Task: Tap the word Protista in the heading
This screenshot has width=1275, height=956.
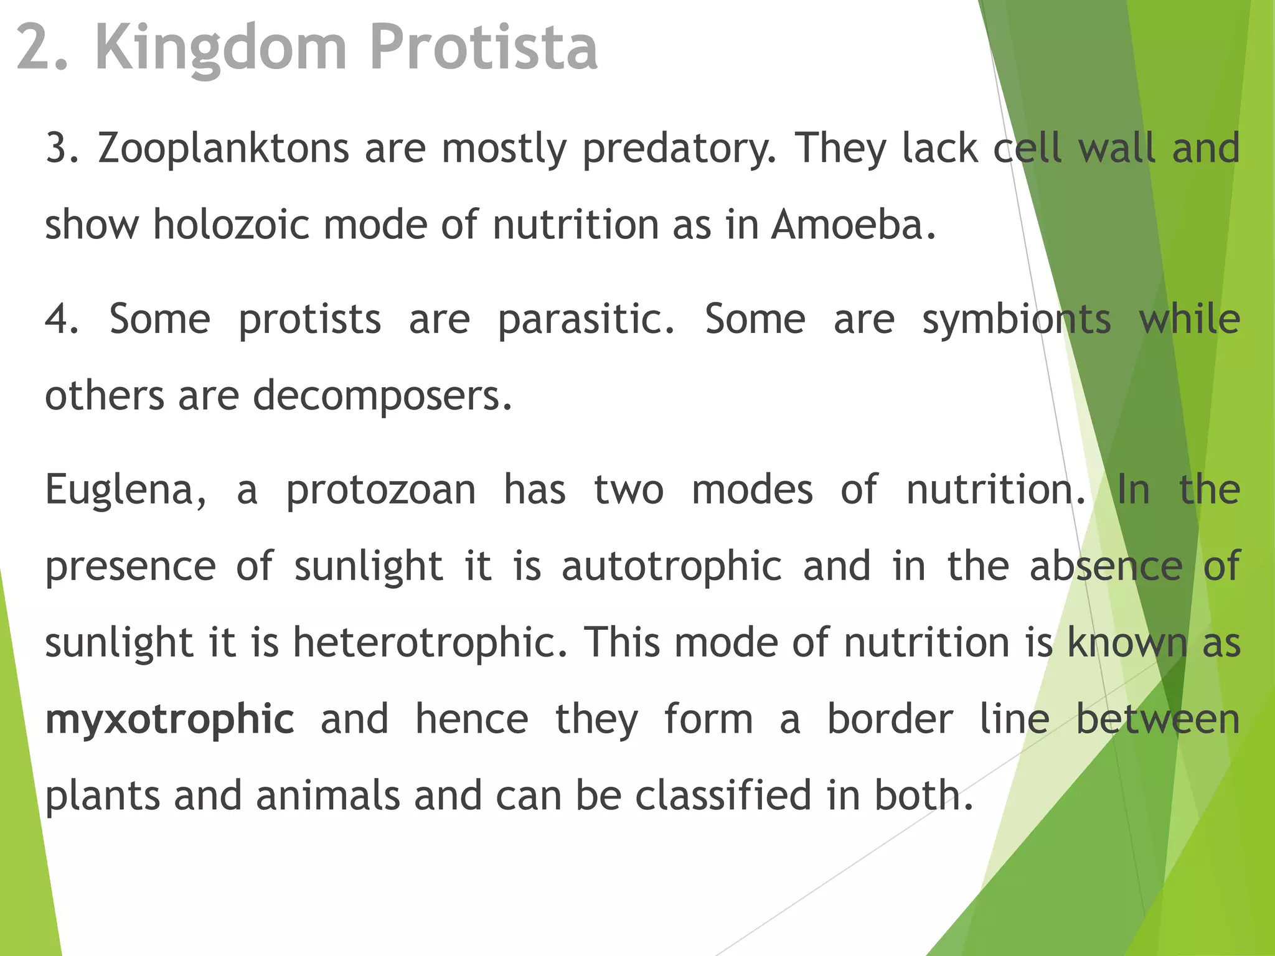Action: pos(484,47)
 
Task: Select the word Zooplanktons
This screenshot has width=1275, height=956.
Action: pos(223,149)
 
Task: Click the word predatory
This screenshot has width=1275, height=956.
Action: pos(680,149)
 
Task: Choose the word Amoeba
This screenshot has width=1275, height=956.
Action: pos(854,225)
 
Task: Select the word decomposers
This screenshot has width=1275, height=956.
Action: pos(383,396)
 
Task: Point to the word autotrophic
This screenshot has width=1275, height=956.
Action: pos(672,567)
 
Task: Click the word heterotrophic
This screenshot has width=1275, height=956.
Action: pos(430,643)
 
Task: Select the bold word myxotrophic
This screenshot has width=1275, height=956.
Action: pos(170,720)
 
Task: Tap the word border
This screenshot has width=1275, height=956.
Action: pos(890,720)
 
